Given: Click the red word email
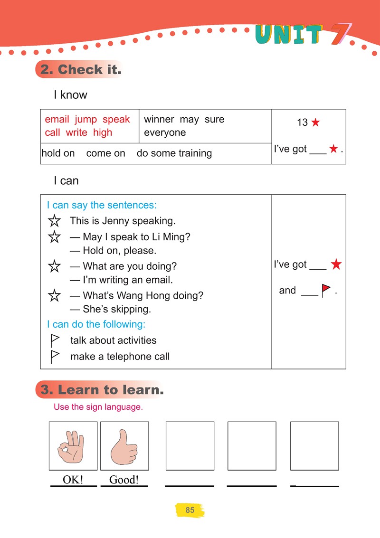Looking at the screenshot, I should click(x=57, y=119).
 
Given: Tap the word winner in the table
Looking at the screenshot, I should click(x=159, y=119).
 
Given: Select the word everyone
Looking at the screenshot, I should click(x=164, y=132).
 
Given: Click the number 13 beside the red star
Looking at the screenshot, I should click(x=302, y=123).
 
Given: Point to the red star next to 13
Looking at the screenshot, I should click(x=315, y=123).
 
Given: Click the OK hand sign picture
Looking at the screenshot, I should click(x=73, y=446).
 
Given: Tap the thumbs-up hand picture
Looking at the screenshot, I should click(x=124, y=446).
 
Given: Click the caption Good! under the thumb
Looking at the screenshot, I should click(x=124, y=480).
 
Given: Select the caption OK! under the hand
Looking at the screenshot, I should click(x=73, y=480).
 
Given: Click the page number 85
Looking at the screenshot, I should click(x=190, y=510).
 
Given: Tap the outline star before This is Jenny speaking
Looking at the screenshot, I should click(x=55, y=221).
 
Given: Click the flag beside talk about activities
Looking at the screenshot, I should click(x=55, y=340).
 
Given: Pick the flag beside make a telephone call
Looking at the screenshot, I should click(x=55, y=356).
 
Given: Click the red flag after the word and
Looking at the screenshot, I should click(x=326, y=290).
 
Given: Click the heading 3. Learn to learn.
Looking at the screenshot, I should click(x=102, y=390).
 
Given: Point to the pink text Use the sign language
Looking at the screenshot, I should click(x=98, y=407).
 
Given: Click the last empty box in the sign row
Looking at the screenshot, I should click(x=314, y=446).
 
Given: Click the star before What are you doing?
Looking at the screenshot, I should click(x=55, y=266).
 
